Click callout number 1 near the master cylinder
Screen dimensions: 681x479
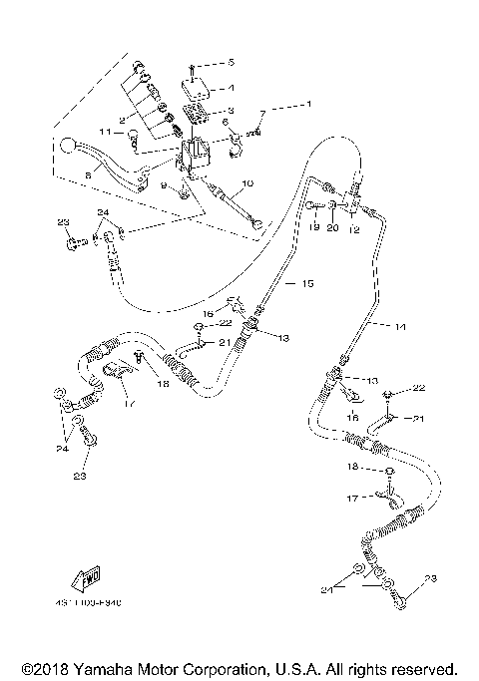tap(308, 104)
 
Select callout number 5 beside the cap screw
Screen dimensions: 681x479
tap(231, 62)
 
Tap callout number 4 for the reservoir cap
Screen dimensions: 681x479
tap(231, 88)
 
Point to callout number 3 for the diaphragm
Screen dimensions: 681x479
tap(232, 112)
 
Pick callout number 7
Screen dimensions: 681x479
tap(263, 114)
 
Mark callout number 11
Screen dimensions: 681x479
tap(104, 132)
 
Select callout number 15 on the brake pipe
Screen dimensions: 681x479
tap(308, 284)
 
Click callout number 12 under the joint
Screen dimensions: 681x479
tap(353, 230)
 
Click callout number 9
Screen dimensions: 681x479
tap(164, 185)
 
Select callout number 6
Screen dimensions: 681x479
tap(225, 123)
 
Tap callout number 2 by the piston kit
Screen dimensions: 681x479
tap(122, 119)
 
